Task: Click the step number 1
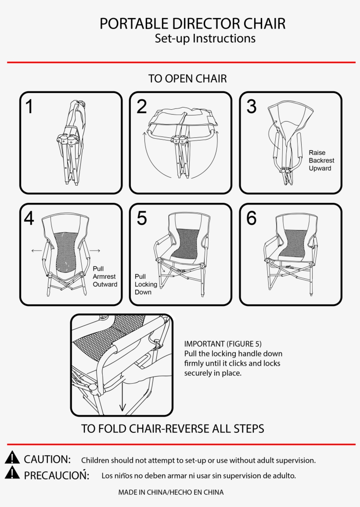pyautogui.click(x=29, y=107)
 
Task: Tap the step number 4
pyautogui.click(x=29, y=218)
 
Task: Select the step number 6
pyautogui.click(x=251, y=218)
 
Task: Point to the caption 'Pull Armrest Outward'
pyautogui.click(x=104, y=277)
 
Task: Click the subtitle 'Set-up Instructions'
pyautogui.click(x=205, y=39)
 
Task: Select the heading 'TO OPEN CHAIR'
pyautogui.click(x=187, y=79)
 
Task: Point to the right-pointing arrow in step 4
pyautogui.click(x=95, y=251)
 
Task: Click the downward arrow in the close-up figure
pyautogui.click(x=122, y=397)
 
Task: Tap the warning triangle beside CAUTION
pyautogui.click(x=13, y=458)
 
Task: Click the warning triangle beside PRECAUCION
pyautogui.click(x=13, y=473)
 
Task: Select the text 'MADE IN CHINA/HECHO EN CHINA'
pyautogui.click(x=171, y=493)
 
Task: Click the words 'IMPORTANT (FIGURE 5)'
pyautogui.click(x=223, y=344)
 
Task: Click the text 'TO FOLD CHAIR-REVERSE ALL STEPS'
pyautogui.click(x=173, y=428)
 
